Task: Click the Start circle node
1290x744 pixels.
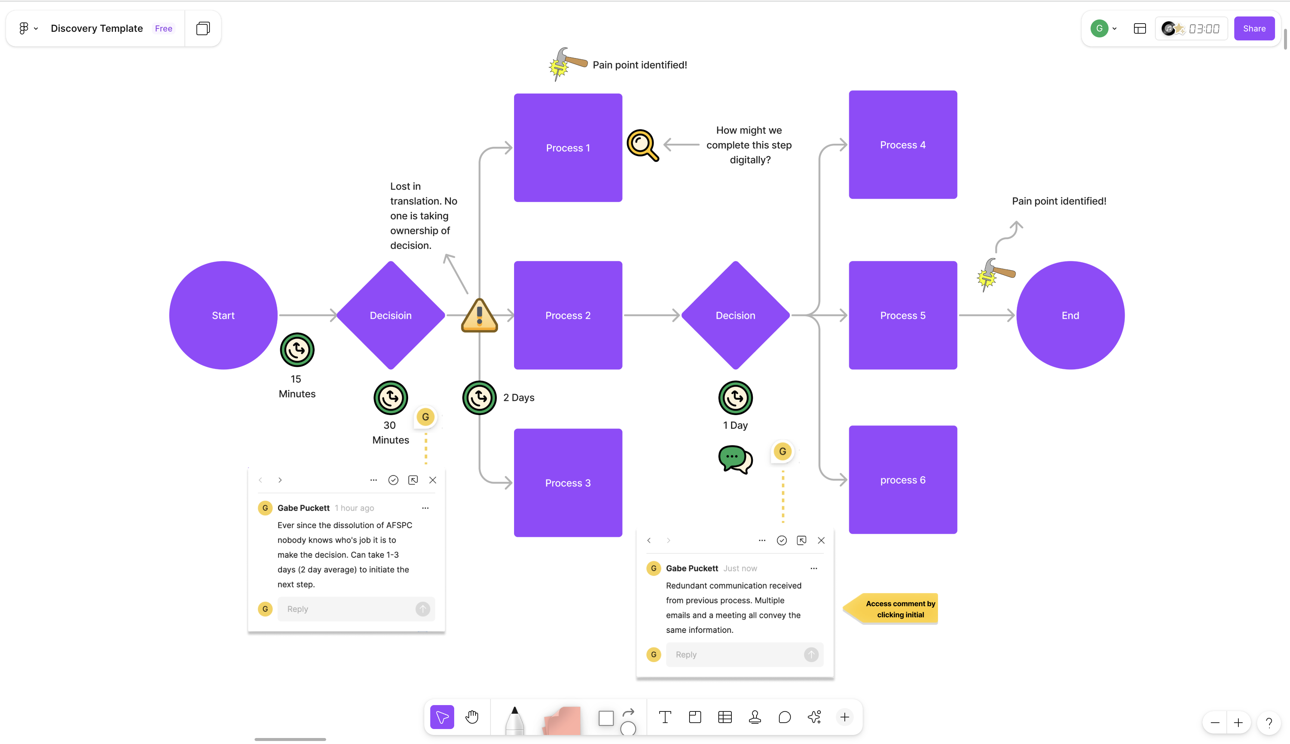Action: (223, 315)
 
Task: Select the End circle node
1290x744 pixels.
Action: (1070, 315)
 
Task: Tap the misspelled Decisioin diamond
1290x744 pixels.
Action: (391, 315)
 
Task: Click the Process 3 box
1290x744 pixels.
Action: (568, 483)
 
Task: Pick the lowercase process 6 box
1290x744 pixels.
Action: (902, 480)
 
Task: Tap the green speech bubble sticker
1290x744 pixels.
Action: (735, 459)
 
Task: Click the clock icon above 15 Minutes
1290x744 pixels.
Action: (297, 350)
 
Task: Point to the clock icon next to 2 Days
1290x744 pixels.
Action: (479, 397)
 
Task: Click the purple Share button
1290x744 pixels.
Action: (1254, 28)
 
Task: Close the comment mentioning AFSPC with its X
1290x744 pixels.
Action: (432, 480)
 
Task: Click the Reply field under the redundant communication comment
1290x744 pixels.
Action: (736, 655)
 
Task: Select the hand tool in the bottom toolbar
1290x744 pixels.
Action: (472, 717)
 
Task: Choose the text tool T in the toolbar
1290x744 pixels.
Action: (664, 717)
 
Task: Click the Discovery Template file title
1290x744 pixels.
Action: (97, 28)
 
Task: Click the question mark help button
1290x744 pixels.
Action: (1269, 723)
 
